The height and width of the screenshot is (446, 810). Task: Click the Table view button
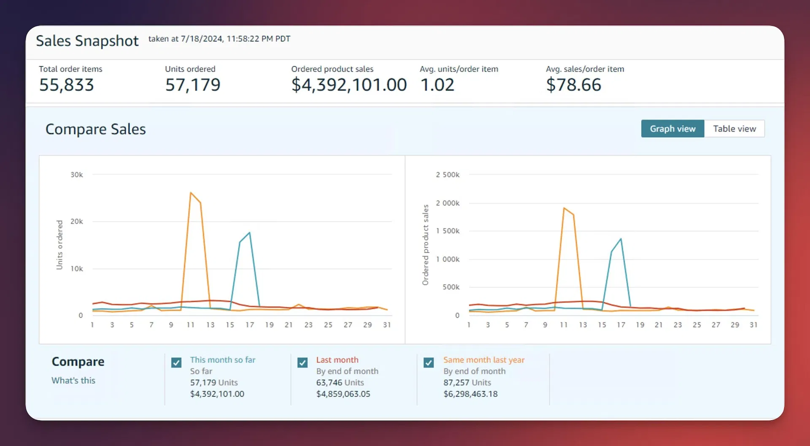(x=734, y=129)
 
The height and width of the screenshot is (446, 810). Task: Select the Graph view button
(x=673, y=129)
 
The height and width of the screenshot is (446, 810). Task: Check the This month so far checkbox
(x=176, y=362)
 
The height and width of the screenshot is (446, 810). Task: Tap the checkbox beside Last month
(x=302, y=362)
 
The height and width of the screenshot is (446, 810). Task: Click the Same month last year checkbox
(x=429, y=362)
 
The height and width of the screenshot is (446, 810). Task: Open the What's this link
(x=73, y=380)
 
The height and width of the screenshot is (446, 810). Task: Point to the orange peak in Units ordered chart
(x=191, y=193)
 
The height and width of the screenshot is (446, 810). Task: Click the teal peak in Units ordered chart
(x=250, y=232)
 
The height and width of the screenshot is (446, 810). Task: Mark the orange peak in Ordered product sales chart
(x=564, y=208)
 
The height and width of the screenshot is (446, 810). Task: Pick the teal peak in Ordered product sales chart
(x=621, y=239)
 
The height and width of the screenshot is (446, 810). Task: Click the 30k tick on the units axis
(x=77, y=175)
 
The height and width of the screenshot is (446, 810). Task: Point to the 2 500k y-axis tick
(x=448, y=175)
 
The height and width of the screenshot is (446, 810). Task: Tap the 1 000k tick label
(x=448, y=259)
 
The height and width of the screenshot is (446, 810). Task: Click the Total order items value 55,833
(x=66, y=85)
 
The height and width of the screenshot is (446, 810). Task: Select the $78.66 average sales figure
(x=573, y=85)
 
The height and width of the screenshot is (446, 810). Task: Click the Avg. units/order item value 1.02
(x=437, y=85)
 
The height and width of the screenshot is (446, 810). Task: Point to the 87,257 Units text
(x=467, y=382)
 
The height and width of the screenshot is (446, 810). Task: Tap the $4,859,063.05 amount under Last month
(x=343, y=394)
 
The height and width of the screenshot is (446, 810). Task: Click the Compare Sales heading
(x=96, y=129)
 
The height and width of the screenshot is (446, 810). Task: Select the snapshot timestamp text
(x=219, y=39)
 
